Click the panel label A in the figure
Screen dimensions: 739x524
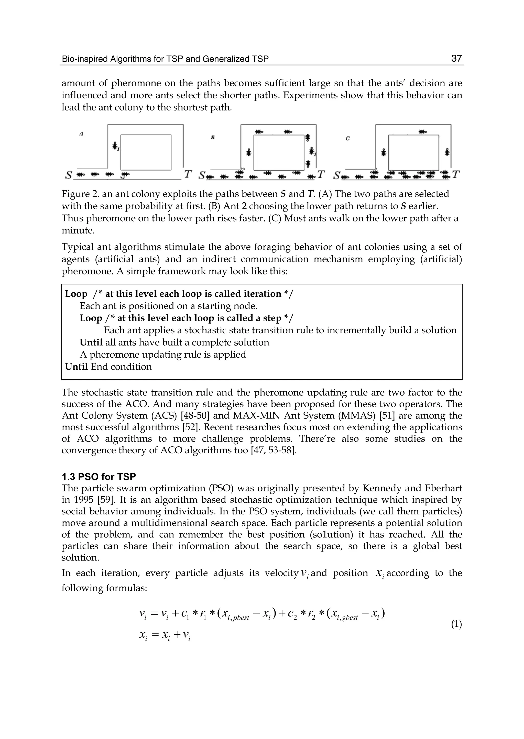point(81,134)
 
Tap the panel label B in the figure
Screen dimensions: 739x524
point(213,137)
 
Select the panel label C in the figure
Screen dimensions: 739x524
point(347,138)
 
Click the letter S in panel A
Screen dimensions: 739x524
point(68,175)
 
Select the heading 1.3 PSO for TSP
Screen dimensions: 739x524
point(99,477)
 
